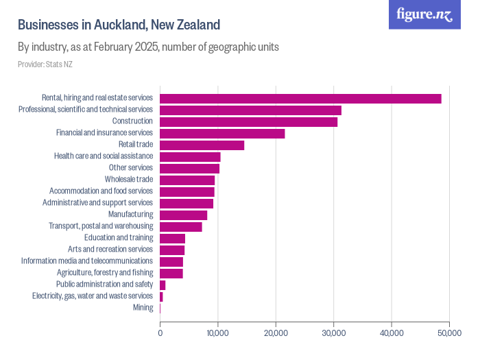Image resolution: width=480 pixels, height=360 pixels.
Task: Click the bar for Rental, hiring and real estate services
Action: (x=300, y=98)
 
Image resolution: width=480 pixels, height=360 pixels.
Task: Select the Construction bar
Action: (x=248, y=121)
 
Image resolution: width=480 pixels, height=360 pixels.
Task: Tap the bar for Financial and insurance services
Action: (x=222, y=133)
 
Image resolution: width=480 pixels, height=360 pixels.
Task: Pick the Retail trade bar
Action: (x=202, y=145)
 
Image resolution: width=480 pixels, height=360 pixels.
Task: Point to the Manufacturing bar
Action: (x=183, y=215)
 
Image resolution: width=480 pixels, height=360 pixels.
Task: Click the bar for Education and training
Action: (x=172, y=238)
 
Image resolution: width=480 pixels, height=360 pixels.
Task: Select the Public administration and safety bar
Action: (x=163, y=285)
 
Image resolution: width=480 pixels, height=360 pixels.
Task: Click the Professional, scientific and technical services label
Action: (x=85, y=110)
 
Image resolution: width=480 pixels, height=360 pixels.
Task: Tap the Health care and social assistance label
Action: (x=103, y=156)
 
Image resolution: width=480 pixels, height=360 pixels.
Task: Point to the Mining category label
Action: (x=143, y=308)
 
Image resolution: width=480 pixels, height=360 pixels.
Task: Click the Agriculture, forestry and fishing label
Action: (x=100, y=273)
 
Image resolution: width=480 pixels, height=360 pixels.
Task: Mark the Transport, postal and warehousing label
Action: (x=100, y=226)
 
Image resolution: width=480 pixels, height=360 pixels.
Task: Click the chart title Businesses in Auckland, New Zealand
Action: (x=119, y=25)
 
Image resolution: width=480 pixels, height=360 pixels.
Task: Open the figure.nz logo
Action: (x=424, y=14)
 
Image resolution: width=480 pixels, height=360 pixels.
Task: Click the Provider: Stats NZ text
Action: (x=45, y=64)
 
